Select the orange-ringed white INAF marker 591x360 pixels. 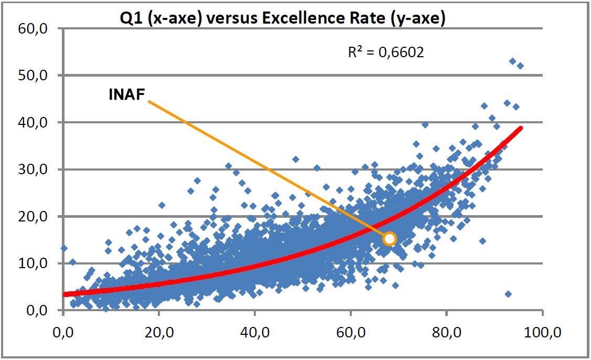(390, 239)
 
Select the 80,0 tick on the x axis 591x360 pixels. (446, 332)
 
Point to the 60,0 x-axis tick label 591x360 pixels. (350, 332)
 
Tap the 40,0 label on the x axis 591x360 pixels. (254, 332)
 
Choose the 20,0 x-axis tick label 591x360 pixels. (159, 332)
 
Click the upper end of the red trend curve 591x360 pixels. (521, 128)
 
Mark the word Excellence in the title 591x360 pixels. (295, 19)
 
